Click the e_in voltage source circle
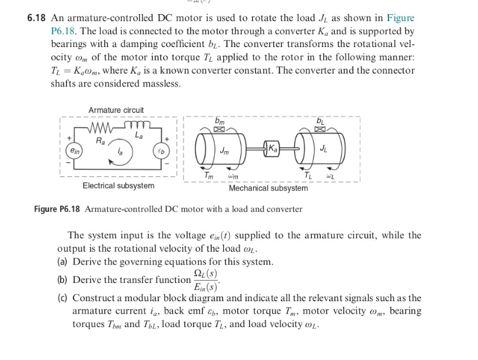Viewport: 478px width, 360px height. tap(74, 151)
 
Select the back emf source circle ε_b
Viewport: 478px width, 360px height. tap(162, 151)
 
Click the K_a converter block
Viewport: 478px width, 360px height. tap(272, 146)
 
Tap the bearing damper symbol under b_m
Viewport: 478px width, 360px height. tap(219, 129)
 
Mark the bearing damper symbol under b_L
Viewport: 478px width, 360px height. tap(320, 129)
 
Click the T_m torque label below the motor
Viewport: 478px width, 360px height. tap(209, 175)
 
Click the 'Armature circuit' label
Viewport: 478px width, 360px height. tap(116, 110)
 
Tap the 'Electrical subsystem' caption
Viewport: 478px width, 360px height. tap(118, 185)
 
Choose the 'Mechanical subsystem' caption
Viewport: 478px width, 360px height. tap(268, 188)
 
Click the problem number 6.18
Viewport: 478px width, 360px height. tap(37, 18)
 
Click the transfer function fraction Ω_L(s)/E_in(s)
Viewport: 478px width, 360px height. tap(205, 280)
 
